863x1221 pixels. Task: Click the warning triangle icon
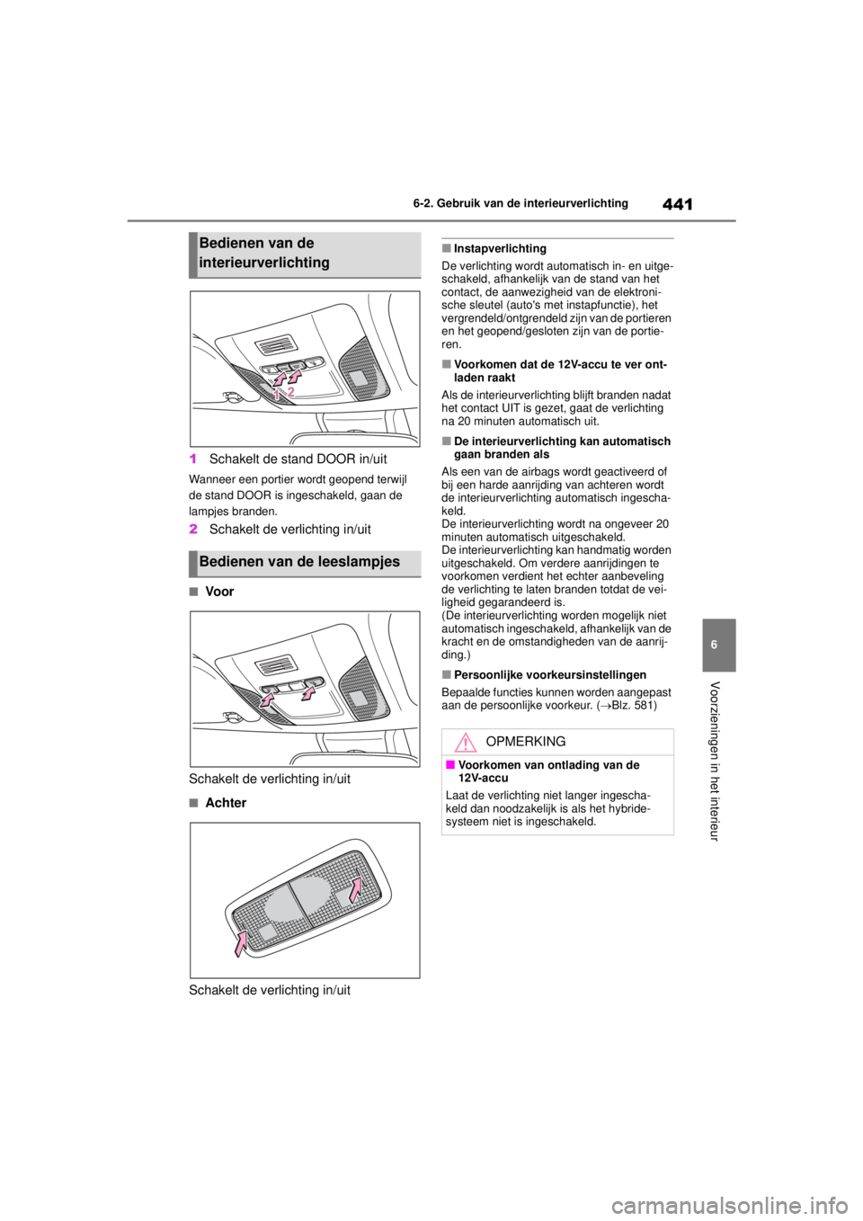click(x=465, y=743)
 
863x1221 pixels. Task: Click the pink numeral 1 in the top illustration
click(x=278, y=394)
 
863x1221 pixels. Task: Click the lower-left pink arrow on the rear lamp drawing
click(x=242, y=944)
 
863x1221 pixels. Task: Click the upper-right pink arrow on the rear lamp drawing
click(x=357, y=889)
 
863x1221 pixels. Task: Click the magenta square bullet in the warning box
click(x=450, y=764)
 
